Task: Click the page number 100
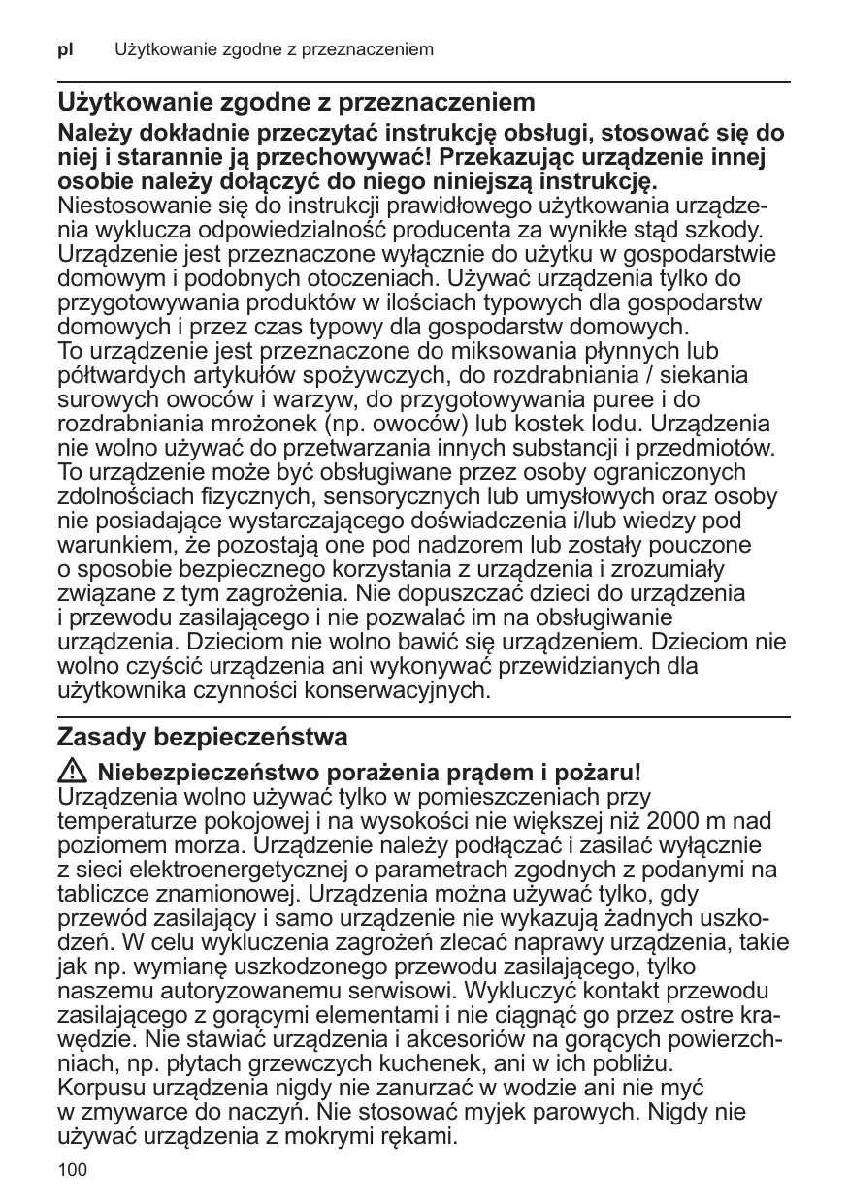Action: (x=72, y=1171)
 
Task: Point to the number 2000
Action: (x=679, y=820)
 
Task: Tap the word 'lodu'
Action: (x=617, y=425)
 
